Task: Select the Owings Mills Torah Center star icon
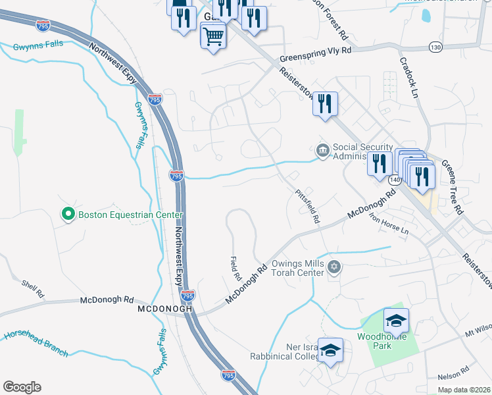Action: coord(334,267)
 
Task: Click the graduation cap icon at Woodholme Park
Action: coord(397,321)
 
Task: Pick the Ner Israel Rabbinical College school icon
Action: coord(331,351)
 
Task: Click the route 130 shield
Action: coord(435,47)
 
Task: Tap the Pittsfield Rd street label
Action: coord(307,205)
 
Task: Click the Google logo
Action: coord(22,387)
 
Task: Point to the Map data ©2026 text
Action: coord(464,390)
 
